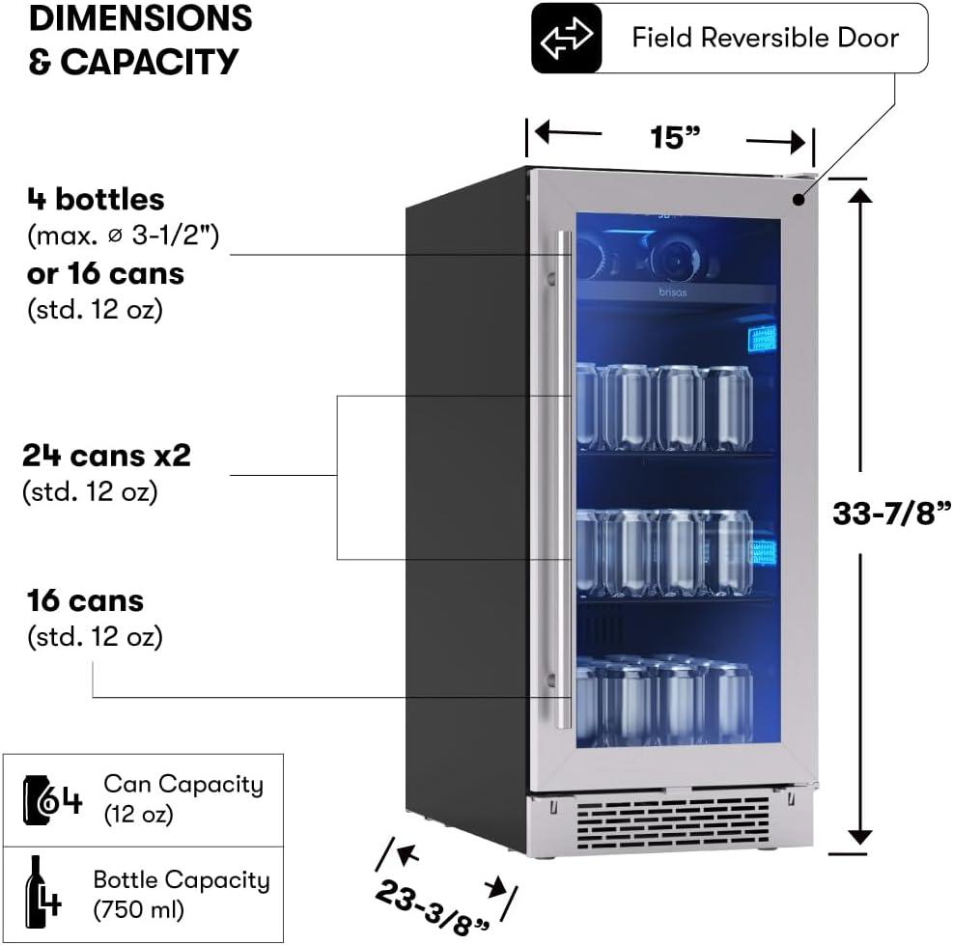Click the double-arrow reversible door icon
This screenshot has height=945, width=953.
(568, 39)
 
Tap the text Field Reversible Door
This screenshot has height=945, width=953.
(765, 39)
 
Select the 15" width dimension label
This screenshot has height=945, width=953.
(674, 138)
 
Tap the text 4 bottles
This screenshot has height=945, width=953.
(95, 200)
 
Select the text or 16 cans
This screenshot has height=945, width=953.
(105, 273)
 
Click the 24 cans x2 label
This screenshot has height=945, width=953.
(106, 456)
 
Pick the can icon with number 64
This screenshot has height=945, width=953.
(52, 801)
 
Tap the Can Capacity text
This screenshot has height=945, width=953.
(182, 784)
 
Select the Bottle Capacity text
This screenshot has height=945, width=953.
(182, 879)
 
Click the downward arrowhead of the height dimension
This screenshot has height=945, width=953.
(860, 836)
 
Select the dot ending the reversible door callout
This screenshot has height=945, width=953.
(799, 200)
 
